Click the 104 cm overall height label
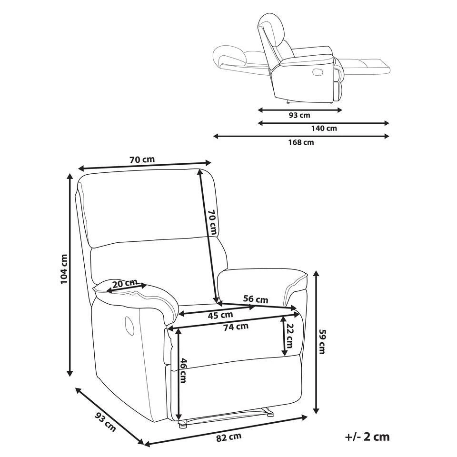point(64,269)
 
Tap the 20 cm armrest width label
point(125,284)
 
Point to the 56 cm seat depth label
point(256,299)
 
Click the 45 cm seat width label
point(220,314)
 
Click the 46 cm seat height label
point(183,370)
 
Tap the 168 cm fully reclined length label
point(302,142)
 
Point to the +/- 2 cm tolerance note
point(367,437)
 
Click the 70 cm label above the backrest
point(142,160)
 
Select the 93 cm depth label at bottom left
point(105,422)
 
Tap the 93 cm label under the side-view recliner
point(299,115)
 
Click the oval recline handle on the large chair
point(129,325)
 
